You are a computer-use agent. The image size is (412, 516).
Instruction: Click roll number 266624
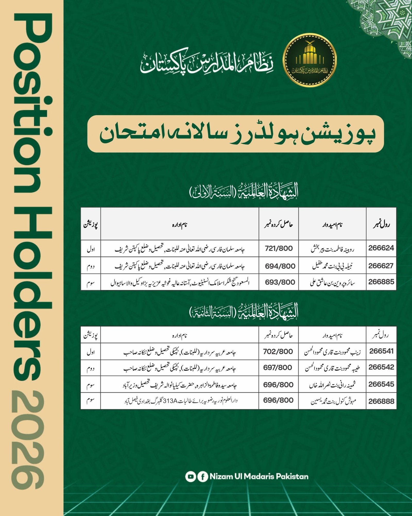coord(381,248)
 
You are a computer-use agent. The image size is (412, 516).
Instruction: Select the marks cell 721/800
coord(279,248)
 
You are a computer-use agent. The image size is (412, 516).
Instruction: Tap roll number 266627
coord(381,266)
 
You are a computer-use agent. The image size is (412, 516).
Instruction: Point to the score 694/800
coord(280,266)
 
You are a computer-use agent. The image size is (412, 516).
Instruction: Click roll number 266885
coord(381,282)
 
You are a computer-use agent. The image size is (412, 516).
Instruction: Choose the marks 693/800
coord(280,282)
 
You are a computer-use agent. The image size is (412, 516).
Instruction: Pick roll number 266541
coord(381,351)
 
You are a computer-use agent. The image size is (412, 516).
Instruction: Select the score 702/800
coord(278,351)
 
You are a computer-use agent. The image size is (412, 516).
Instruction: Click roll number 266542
coord(381,367)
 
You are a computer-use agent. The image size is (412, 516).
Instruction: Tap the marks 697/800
coord(278,367)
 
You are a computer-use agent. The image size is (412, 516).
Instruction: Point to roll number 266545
coord(381,384)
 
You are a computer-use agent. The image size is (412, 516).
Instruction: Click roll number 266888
coord(381,401)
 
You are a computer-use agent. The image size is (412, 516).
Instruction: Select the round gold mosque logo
coord(310,60)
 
